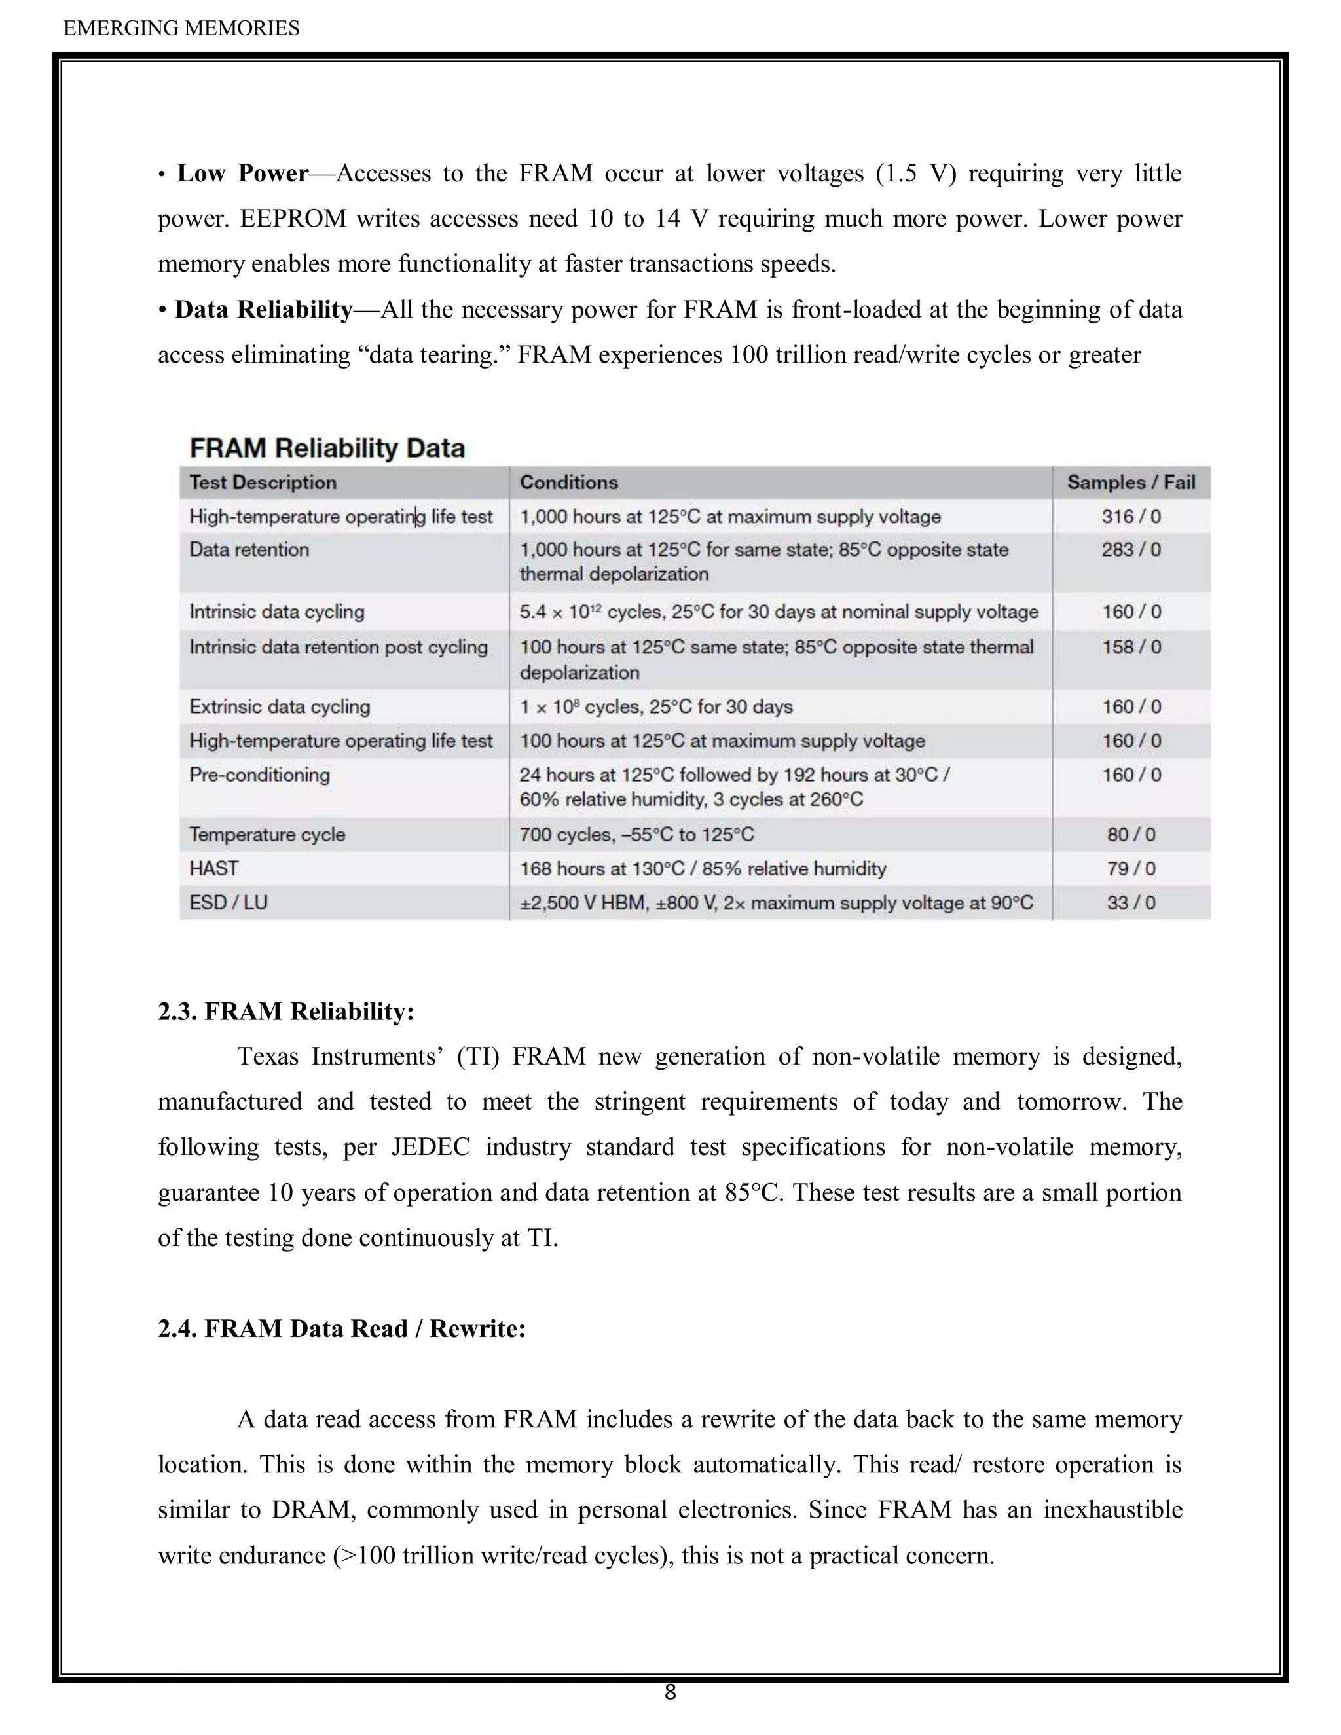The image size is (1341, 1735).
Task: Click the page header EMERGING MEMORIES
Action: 181,29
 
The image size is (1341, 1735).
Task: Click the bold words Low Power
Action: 242,173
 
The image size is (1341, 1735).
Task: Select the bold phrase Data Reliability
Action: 264,309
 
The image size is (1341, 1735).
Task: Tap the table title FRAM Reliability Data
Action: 327,448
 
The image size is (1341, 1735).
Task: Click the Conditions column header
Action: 568,483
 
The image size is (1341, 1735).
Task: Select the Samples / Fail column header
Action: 1130,483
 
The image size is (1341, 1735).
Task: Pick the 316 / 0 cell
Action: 1130,517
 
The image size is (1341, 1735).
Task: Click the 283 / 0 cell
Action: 1130,550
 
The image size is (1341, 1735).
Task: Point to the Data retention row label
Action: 249,550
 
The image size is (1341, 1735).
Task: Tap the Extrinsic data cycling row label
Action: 280,706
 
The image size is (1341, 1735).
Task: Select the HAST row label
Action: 213,868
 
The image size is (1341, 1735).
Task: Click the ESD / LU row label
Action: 228,902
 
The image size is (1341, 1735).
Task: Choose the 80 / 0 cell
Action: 1130,834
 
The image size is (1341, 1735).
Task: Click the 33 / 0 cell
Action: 1130,902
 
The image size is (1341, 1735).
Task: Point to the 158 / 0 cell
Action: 1130,647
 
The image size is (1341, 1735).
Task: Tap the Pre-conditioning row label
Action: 259,775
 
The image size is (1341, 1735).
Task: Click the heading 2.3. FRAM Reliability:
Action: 286,1012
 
